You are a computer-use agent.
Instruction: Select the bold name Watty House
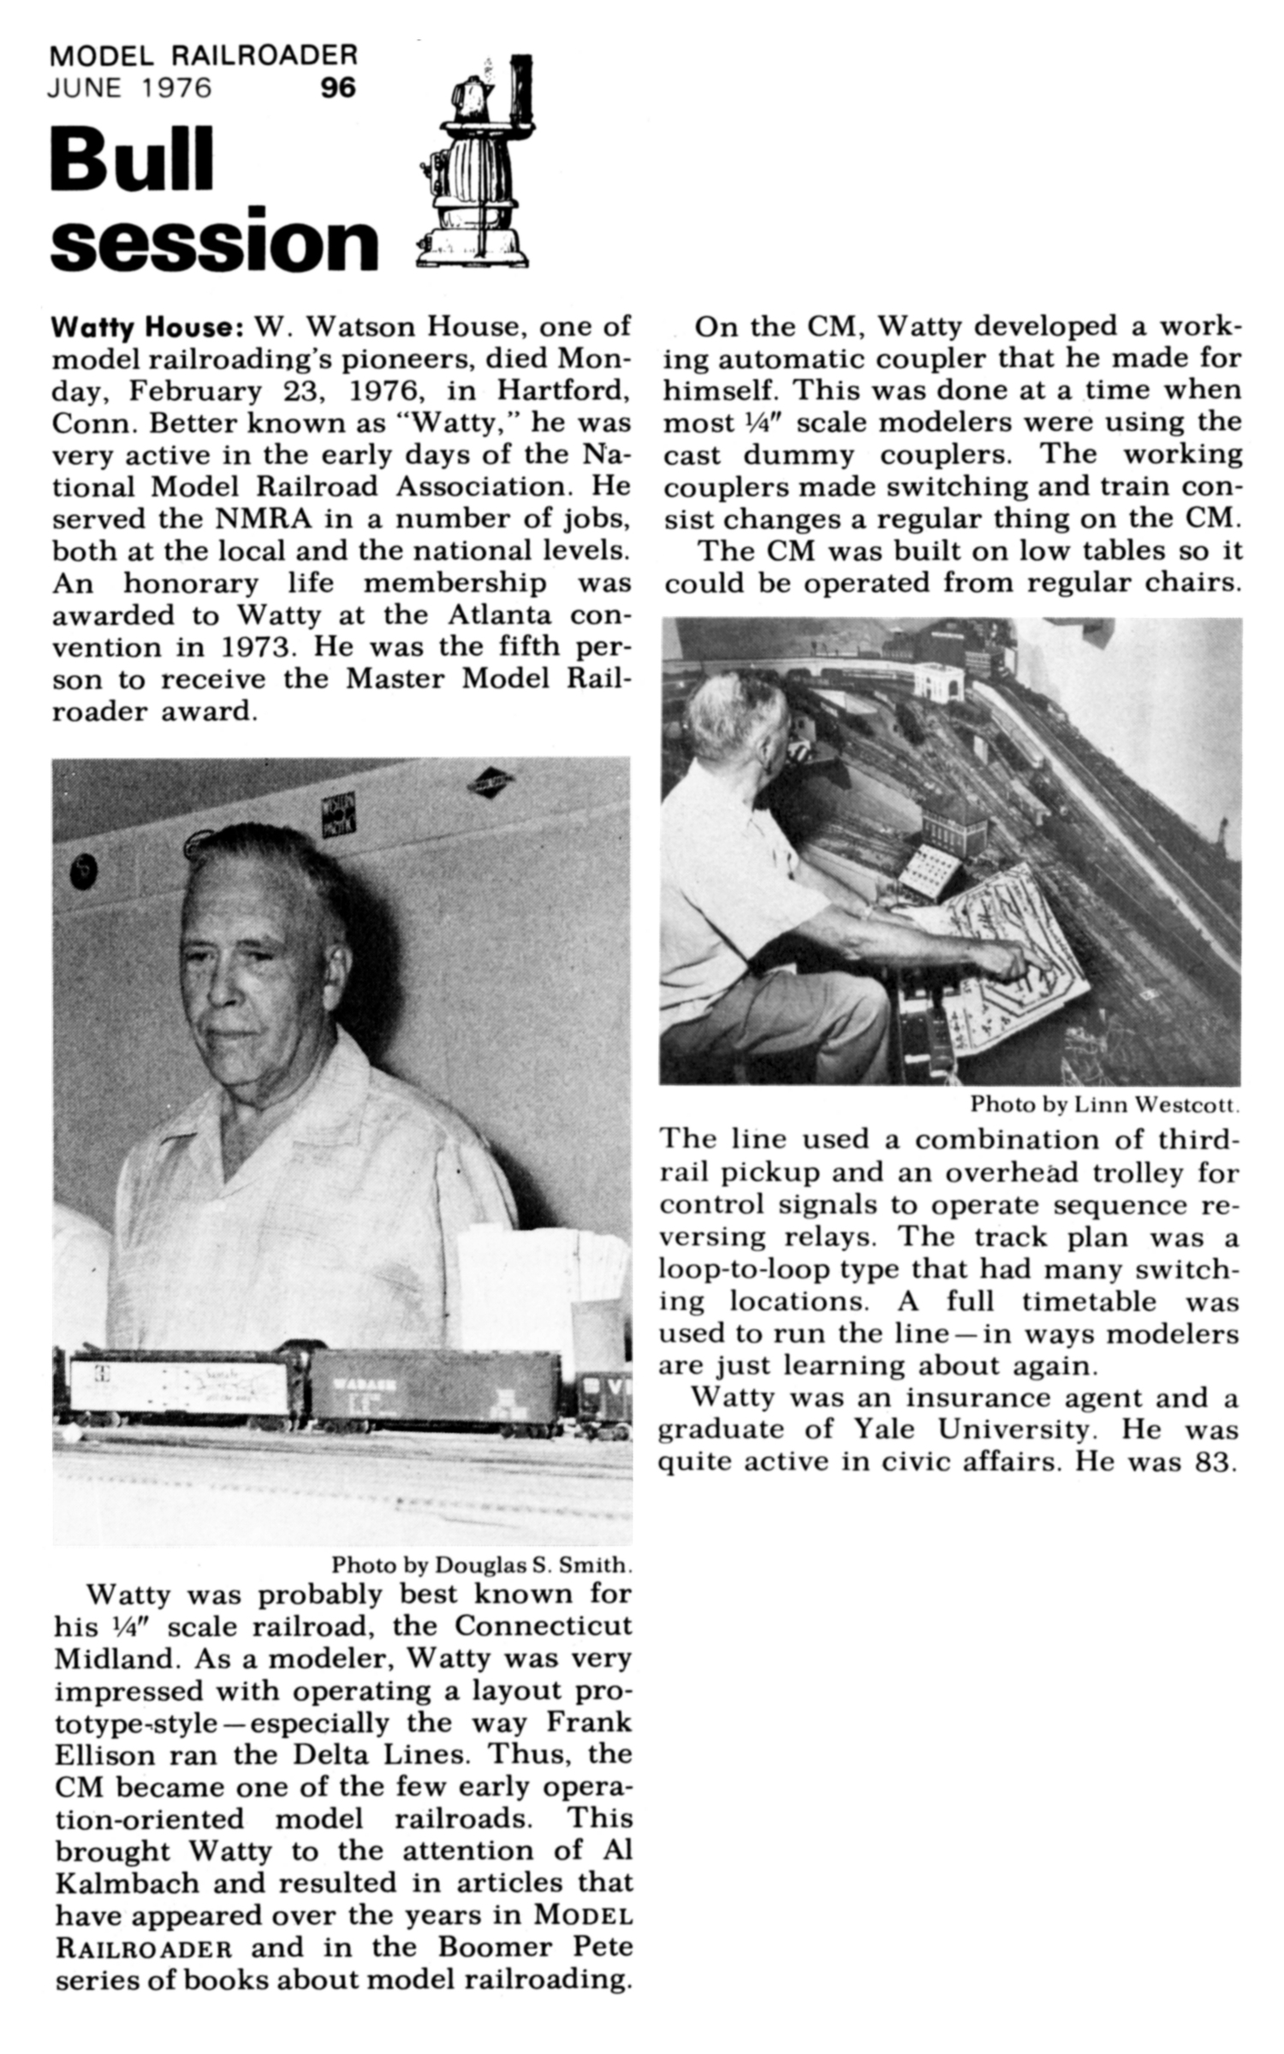click(x=149, y=327)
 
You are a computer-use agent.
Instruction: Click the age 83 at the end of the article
click(x=1214, y=1461)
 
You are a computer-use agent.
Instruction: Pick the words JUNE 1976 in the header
click(x=130, y=88)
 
